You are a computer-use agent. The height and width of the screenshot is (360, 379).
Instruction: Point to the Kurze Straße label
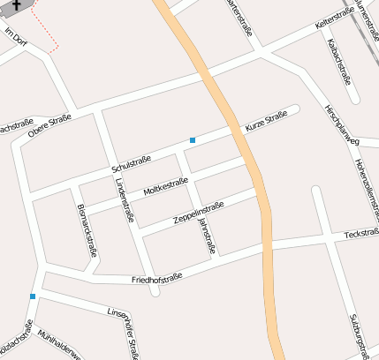coord(267,126)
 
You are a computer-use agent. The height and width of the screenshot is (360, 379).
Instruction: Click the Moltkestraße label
coord(164,187)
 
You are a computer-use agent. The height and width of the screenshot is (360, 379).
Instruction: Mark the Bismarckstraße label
coord(87,231)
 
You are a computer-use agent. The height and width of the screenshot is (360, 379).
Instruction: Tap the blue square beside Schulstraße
coord(193,139)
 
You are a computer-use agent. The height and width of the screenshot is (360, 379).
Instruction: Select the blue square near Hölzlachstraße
coord(33,296)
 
